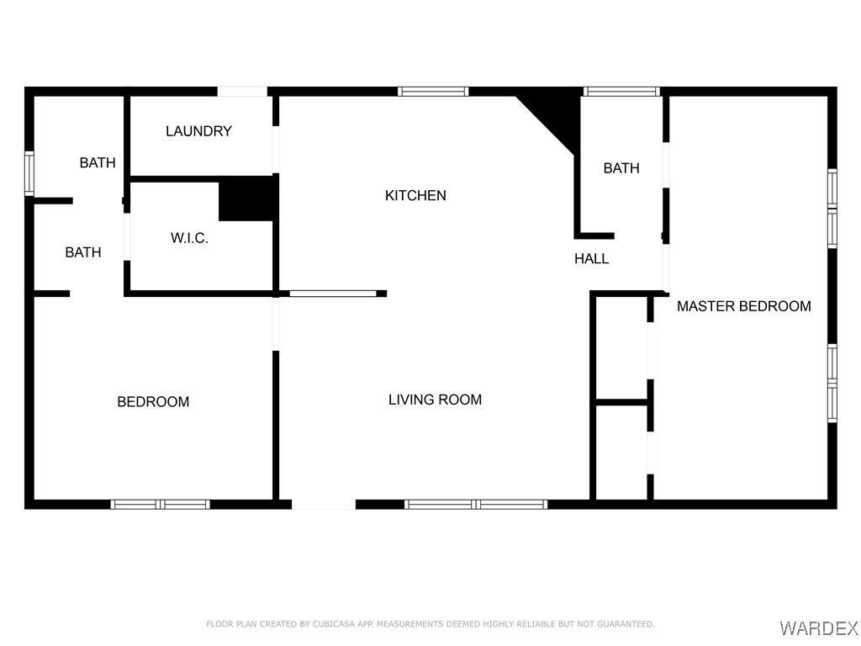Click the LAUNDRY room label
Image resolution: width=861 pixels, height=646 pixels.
click(198, 131)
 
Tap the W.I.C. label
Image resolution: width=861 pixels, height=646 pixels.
click(189, 238)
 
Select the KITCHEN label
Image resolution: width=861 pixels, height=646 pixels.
click(415, 195)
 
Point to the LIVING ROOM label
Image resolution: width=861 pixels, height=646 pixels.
click(435, 400)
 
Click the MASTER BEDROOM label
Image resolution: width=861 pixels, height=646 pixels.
click(744, 306)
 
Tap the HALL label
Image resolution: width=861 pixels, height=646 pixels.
click(591, 259)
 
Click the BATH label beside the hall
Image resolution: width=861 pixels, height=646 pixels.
click(621, 168)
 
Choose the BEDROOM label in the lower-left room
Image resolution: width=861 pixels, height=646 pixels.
click(153, 402)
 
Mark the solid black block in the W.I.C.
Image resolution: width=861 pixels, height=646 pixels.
click(247, 199)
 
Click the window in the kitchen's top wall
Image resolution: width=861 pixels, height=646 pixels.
click(433, 92)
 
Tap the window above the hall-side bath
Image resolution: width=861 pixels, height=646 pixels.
click(621, 92)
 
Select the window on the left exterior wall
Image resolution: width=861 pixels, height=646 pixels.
click(29, 173)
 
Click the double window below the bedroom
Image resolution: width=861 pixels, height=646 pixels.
click(161, 505)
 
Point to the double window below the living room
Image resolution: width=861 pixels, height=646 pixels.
click(476, 505)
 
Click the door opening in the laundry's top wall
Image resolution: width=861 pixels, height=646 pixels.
click(242, 92)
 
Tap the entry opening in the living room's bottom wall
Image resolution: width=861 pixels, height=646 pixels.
click(324, 505)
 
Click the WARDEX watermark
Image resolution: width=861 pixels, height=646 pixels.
click(819, 627)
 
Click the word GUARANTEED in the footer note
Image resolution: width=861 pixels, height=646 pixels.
click(626, 624)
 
